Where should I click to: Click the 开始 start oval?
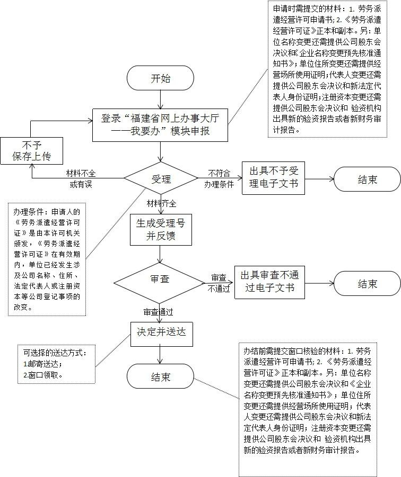161,79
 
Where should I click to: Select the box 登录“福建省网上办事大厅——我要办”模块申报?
161,125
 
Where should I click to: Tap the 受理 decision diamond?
161,179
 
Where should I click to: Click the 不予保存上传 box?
32,150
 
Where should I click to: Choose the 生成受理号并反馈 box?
161,229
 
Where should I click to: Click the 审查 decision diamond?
161,279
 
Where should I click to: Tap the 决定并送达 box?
161,332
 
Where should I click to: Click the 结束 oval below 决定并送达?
161,377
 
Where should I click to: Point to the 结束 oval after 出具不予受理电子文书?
367,179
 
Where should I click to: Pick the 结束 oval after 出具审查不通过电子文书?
367,284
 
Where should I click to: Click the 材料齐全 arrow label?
162,203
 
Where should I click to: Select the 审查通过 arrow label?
158,312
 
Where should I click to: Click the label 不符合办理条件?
219,179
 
